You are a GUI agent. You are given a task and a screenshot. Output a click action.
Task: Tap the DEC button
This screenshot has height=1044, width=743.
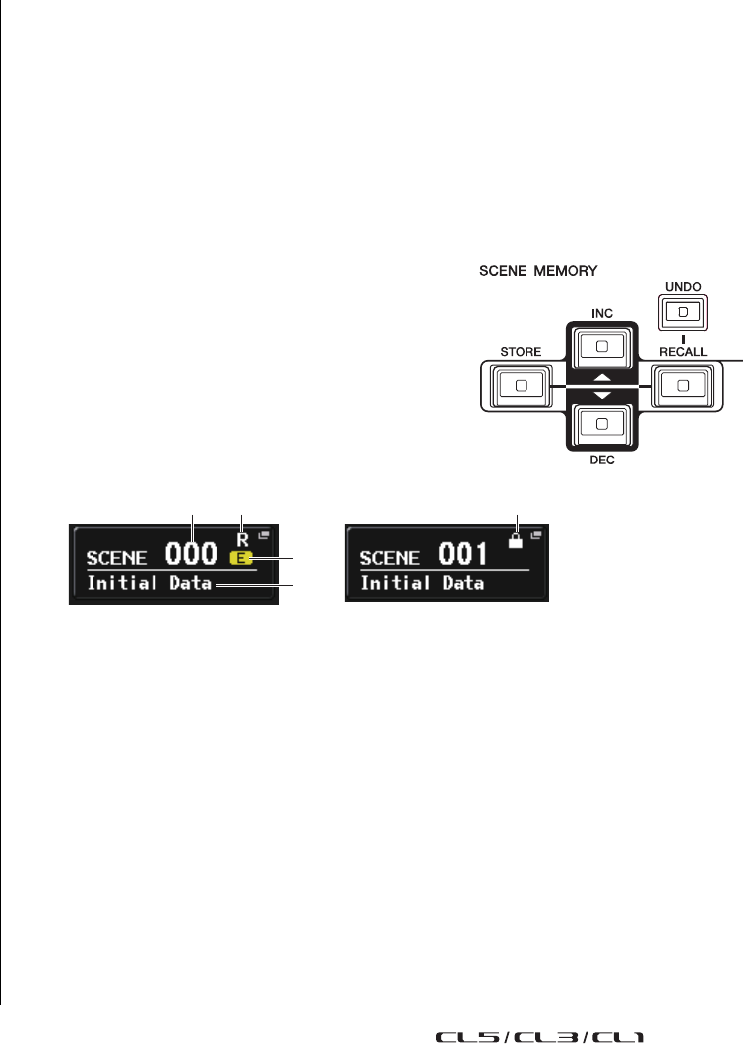601,423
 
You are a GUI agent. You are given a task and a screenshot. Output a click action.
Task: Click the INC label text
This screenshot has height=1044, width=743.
601,312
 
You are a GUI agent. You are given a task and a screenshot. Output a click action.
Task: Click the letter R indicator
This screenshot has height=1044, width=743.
241,539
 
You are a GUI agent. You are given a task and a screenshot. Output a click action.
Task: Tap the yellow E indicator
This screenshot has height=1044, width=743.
240,558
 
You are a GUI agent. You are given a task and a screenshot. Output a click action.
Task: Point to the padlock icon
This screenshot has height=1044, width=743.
516,540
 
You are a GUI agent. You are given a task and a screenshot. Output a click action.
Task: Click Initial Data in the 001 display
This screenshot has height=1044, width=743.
423,583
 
